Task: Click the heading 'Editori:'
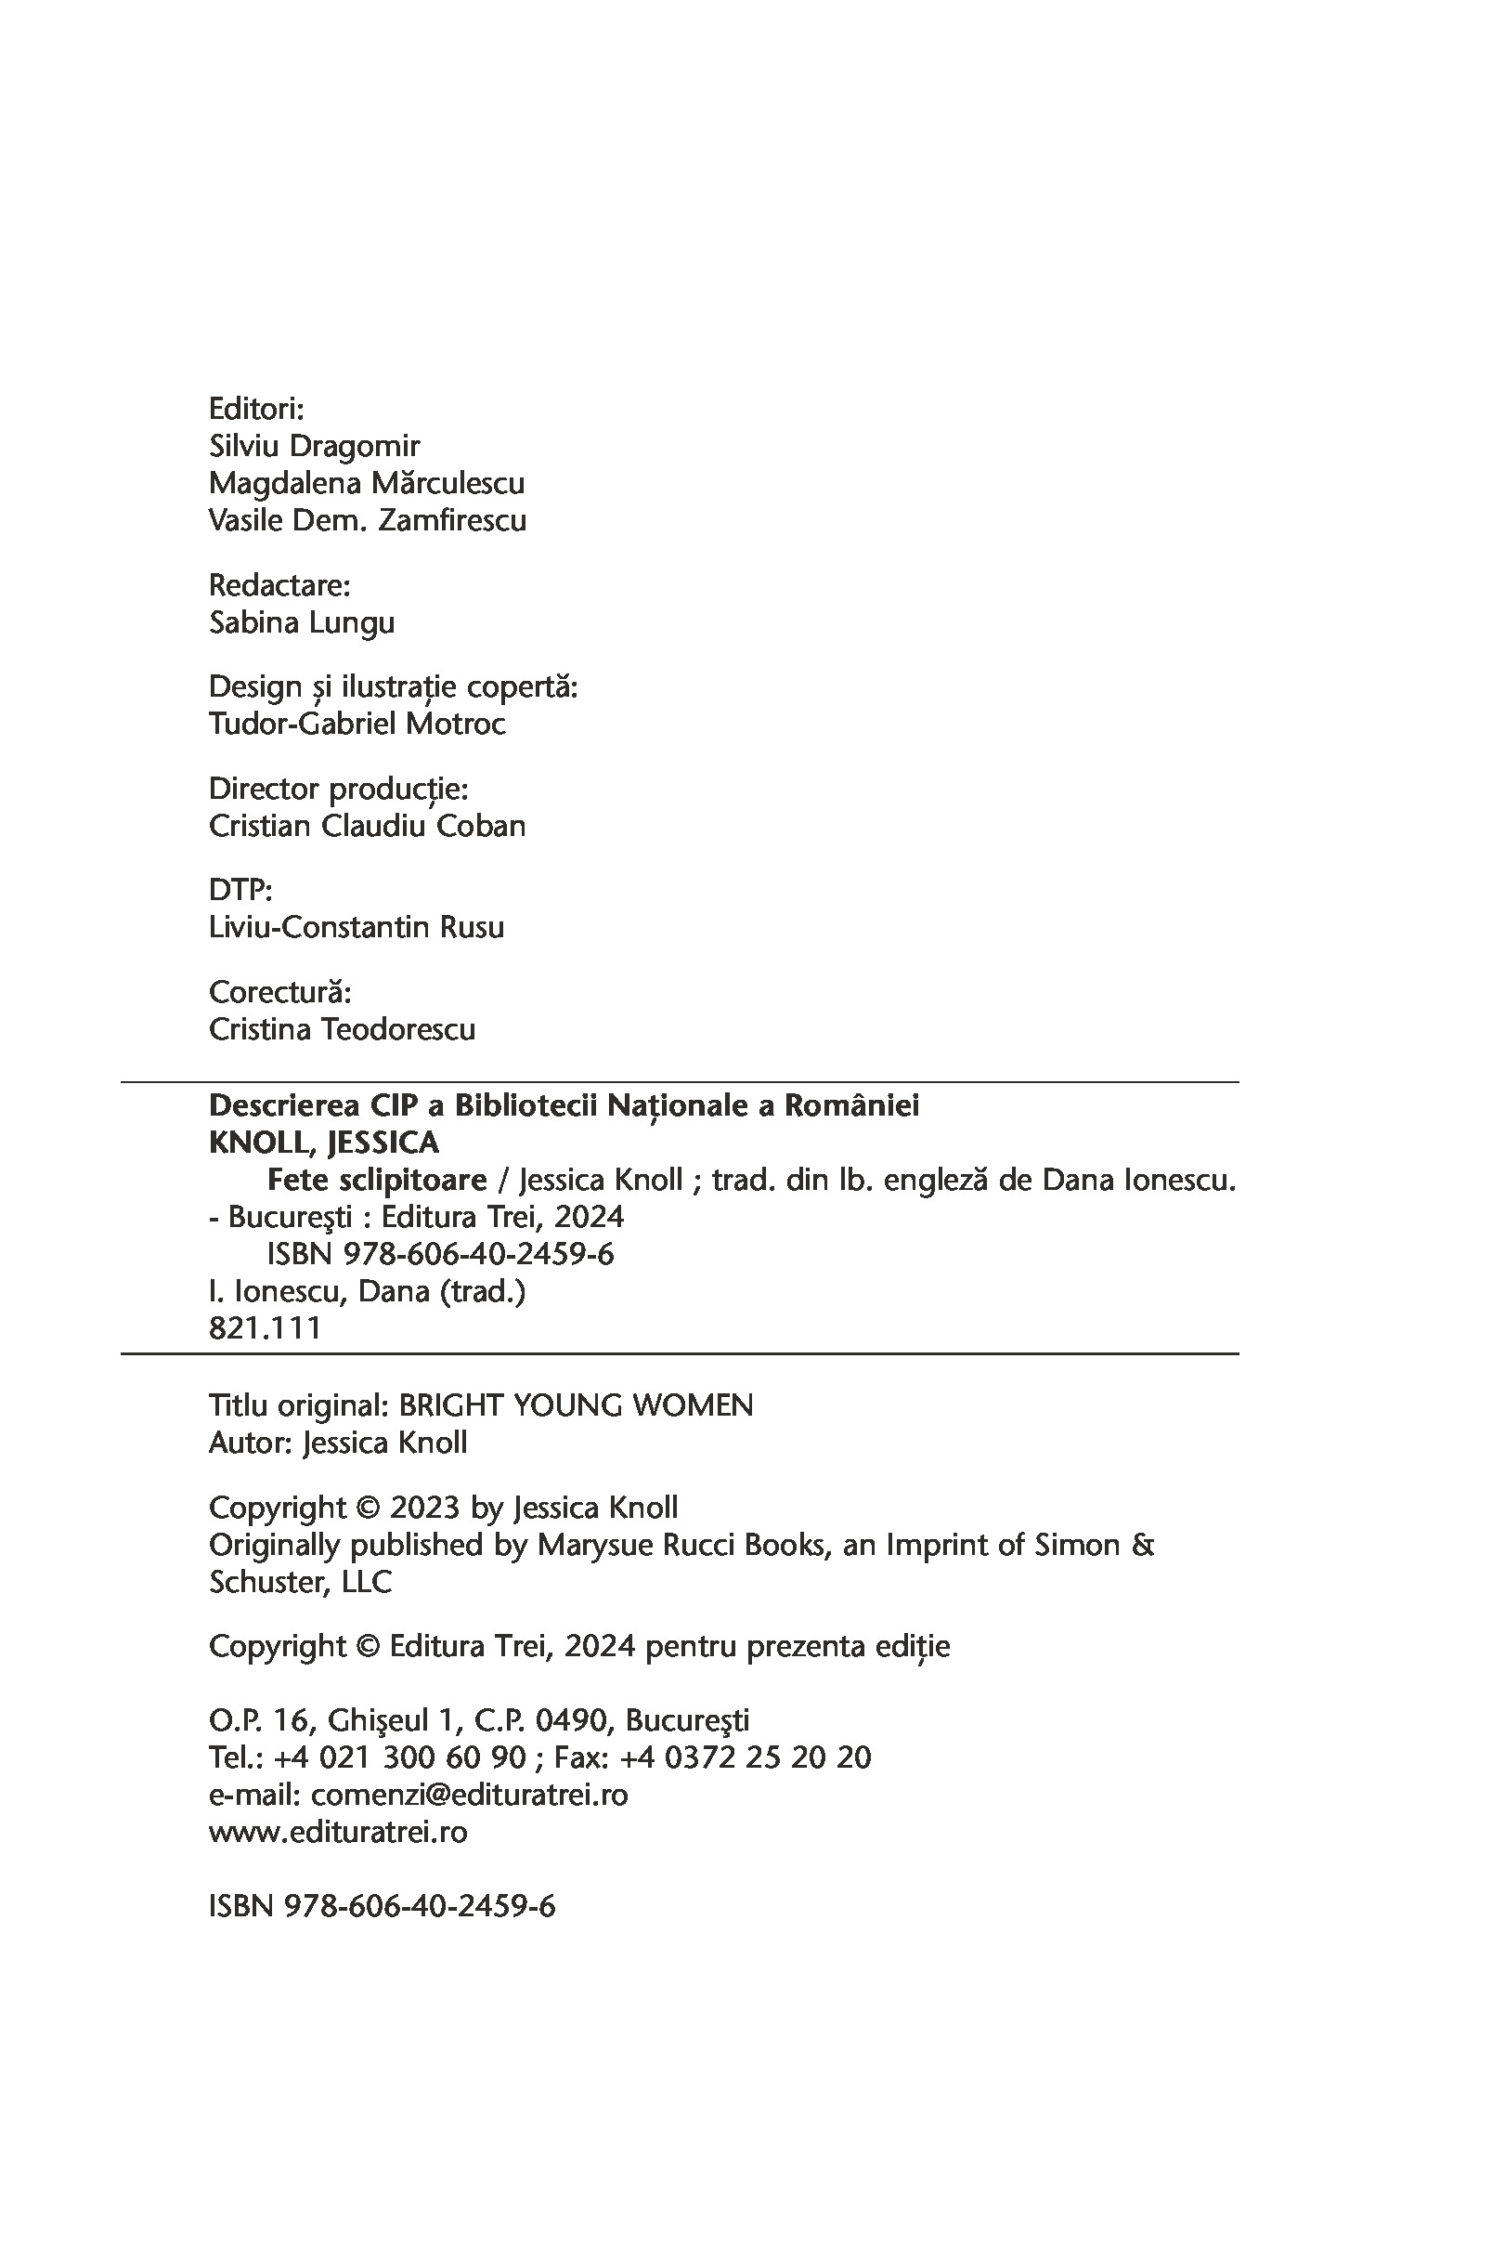pos(256,410)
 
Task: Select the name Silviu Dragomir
pos(314,447)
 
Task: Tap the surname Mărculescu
pos(448,483)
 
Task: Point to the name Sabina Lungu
pos(302,622)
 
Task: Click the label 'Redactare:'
pos(279,584)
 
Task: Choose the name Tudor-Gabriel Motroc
pos(357,725)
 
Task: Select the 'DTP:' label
pos(240,890)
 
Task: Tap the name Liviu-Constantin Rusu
pos(356,927)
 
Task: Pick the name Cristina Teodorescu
pos(342,1030)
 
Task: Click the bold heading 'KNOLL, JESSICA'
pos(323,1142)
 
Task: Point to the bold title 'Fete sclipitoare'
pos(377,1180)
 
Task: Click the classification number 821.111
pos(265,1327)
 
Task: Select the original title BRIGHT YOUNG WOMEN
pos(576,1405)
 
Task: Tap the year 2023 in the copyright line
pos(425,1508)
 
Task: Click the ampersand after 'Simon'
pos(1143,1545)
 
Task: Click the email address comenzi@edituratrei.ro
pos(469,1795)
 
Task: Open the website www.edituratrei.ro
pos(338,1832)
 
